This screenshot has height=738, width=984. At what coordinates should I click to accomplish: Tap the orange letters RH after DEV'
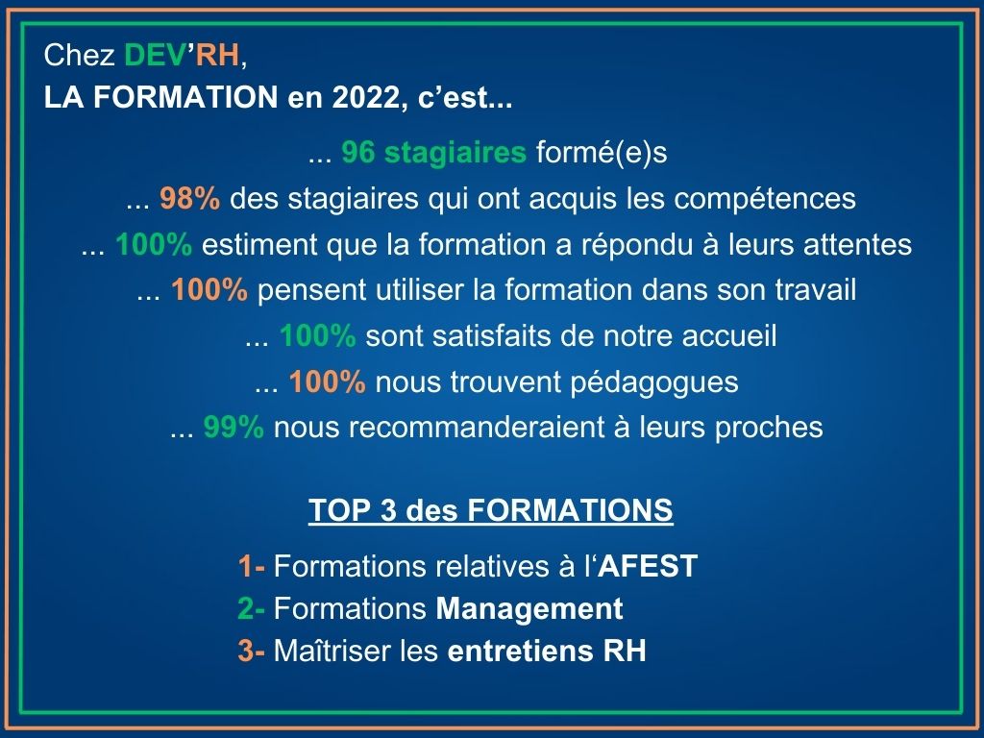click(x=217, y=55)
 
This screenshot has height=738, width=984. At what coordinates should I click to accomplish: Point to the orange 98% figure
click(x=190, y=198)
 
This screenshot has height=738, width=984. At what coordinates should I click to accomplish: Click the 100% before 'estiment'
click(x=154, y=244)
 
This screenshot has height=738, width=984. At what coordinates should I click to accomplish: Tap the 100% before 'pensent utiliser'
click(x=209, y=290)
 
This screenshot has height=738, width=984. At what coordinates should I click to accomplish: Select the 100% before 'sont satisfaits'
click(x=317, y=335)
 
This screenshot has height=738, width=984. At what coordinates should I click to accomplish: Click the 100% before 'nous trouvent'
click(x=327, y=381)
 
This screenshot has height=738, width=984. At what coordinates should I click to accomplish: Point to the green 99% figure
click(x=234, y=428)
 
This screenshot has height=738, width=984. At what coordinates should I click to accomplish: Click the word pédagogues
click(x=653, y=382)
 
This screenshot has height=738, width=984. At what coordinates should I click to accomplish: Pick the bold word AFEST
click(x=648, y=566)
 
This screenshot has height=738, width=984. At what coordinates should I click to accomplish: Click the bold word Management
click(x=529, y=609)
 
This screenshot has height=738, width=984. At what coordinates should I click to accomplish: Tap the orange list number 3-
click(x=251, y=651)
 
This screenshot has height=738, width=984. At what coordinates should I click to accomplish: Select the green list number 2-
click(x=251, y=608)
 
